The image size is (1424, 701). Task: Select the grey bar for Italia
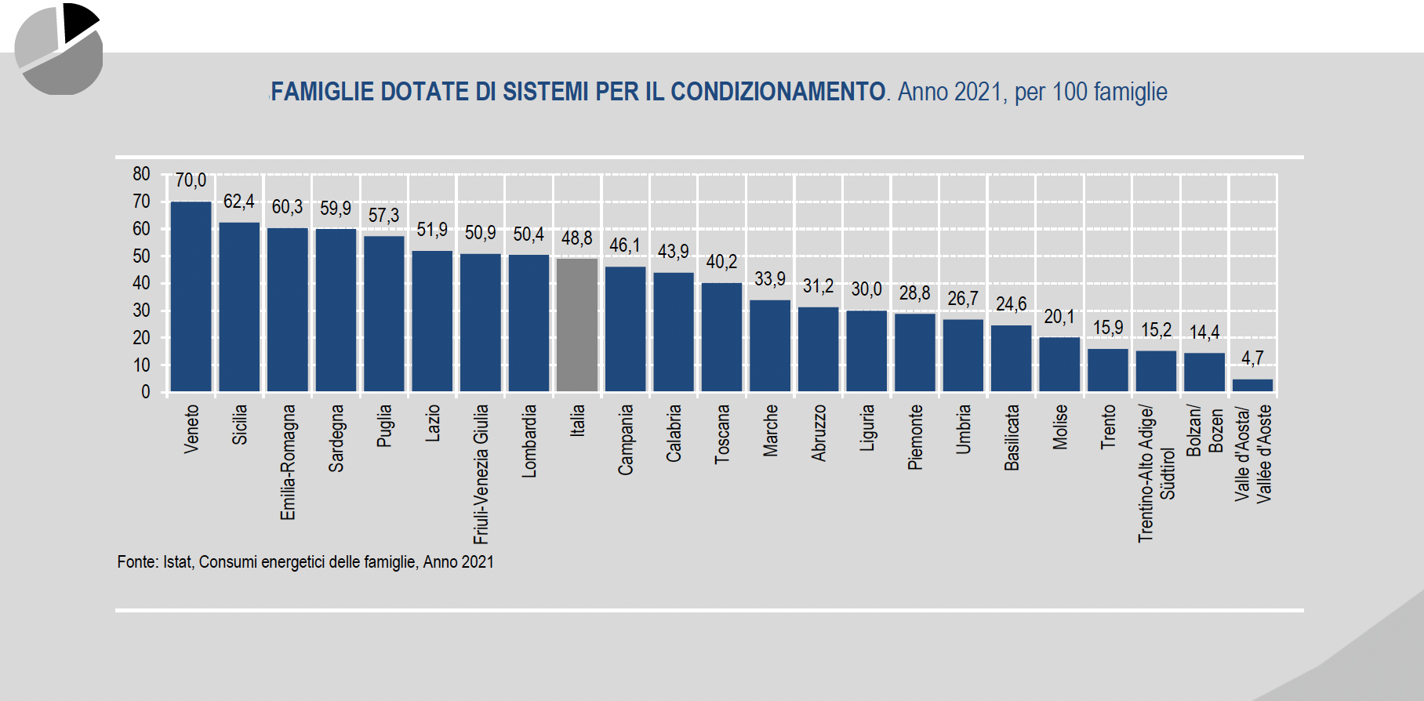pyautogui.click(x=577, y=325)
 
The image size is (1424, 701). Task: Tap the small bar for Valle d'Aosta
pyautogui.click(x=1252, y=385)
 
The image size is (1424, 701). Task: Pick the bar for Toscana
pyautogui.click(x=721, y=337)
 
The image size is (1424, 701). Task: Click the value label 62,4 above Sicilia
pyautogui.click(x=238, y=202)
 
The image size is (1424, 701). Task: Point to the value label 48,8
pyautogui.click(x=576, y=238)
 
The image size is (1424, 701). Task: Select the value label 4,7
pyautogui.click(x=1252, y=358)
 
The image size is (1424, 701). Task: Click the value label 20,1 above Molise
pyautogui.click(x=1059, y=317)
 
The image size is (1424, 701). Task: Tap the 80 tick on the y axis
pyautogui.click(x=141, y=174)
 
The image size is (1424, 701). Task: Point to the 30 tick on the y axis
pyautogui.click(x=141, y=311)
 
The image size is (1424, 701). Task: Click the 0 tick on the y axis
pyautogui.click(x=145, y=392)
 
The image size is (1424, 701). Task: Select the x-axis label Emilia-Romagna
pyautogui.click(x=288, y=462)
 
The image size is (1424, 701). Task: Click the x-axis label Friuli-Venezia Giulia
pyautogui.click(x=481, y=474)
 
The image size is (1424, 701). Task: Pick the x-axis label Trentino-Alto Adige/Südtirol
pyautogui.click(x=1156, y=473)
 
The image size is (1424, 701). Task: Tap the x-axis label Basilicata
pyautogui.click(x=1012, y=438)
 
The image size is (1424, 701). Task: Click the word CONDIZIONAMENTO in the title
pyautogui.click(x=777, y=92)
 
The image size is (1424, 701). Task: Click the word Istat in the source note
pyautogui.click(x=176, y=562)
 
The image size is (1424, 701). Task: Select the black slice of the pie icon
pyautogui.click(x=78, y=20)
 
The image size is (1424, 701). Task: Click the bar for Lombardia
pyautogui.click(x=529, y=323)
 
